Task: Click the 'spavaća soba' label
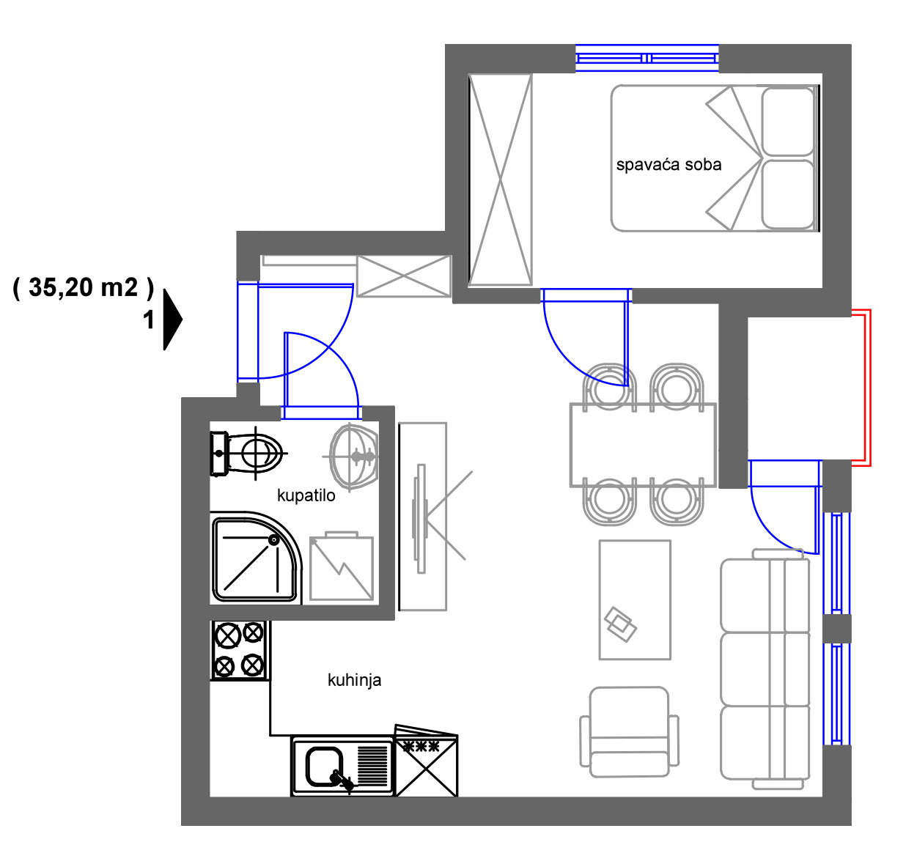669,165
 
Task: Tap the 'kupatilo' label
306,495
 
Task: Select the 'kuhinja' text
355,680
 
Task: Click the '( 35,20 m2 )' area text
84,288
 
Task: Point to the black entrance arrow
173,320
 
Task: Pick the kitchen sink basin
324,767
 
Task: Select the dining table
644,446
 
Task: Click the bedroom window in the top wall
647,59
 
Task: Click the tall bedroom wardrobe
501,180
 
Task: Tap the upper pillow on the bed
788,122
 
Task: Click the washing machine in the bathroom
342,567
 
